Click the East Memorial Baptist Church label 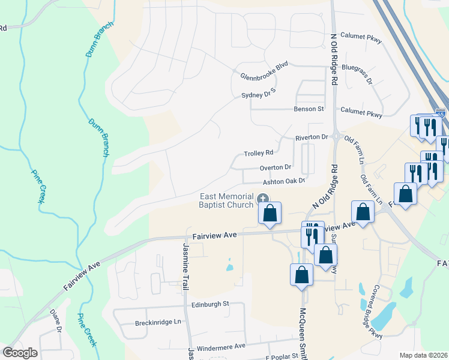tap(226, 202)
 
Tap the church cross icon tap(262, 199)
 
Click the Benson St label tap(309, 109)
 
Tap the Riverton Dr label tap(312, 137)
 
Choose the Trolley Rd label tap(259, 152)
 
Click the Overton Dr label tap(276, 167)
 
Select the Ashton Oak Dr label tap(284, 181)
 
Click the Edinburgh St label tap(210, 304)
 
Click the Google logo tap(20, 353)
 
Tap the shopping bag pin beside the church tap(270, 213)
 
